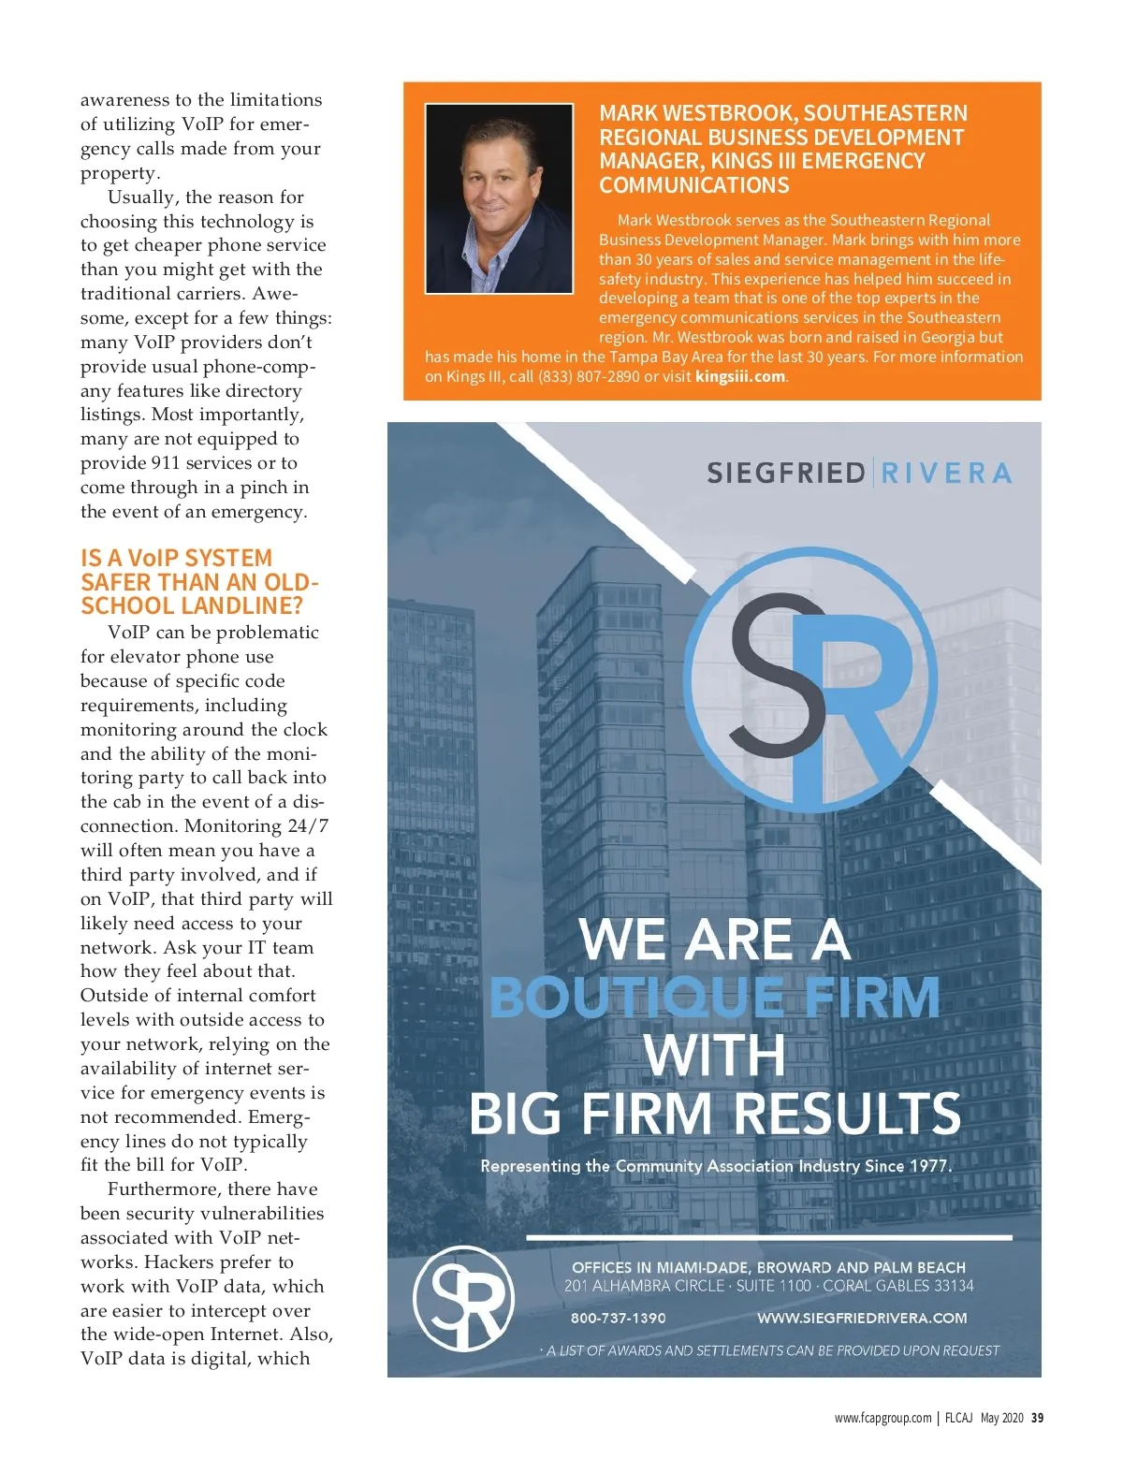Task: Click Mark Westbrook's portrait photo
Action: tap(499, 198)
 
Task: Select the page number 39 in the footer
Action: tap(1037, 1418)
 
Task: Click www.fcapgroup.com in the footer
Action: tap(882, 1418)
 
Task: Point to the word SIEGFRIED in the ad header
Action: tap(785, 474)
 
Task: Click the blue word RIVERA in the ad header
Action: tap(946, 474)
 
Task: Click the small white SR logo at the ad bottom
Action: tap(463, 1298)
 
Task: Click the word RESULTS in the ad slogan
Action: tap(847, 1114)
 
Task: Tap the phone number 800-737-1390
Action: tap(618, 1319)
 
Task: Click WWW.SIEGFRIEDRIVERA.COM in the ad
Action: tap(861, 1319)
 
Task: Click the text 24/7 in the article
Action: tap(308, 826)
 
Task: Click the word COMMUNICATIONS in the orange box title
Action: tap(693, 185)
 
